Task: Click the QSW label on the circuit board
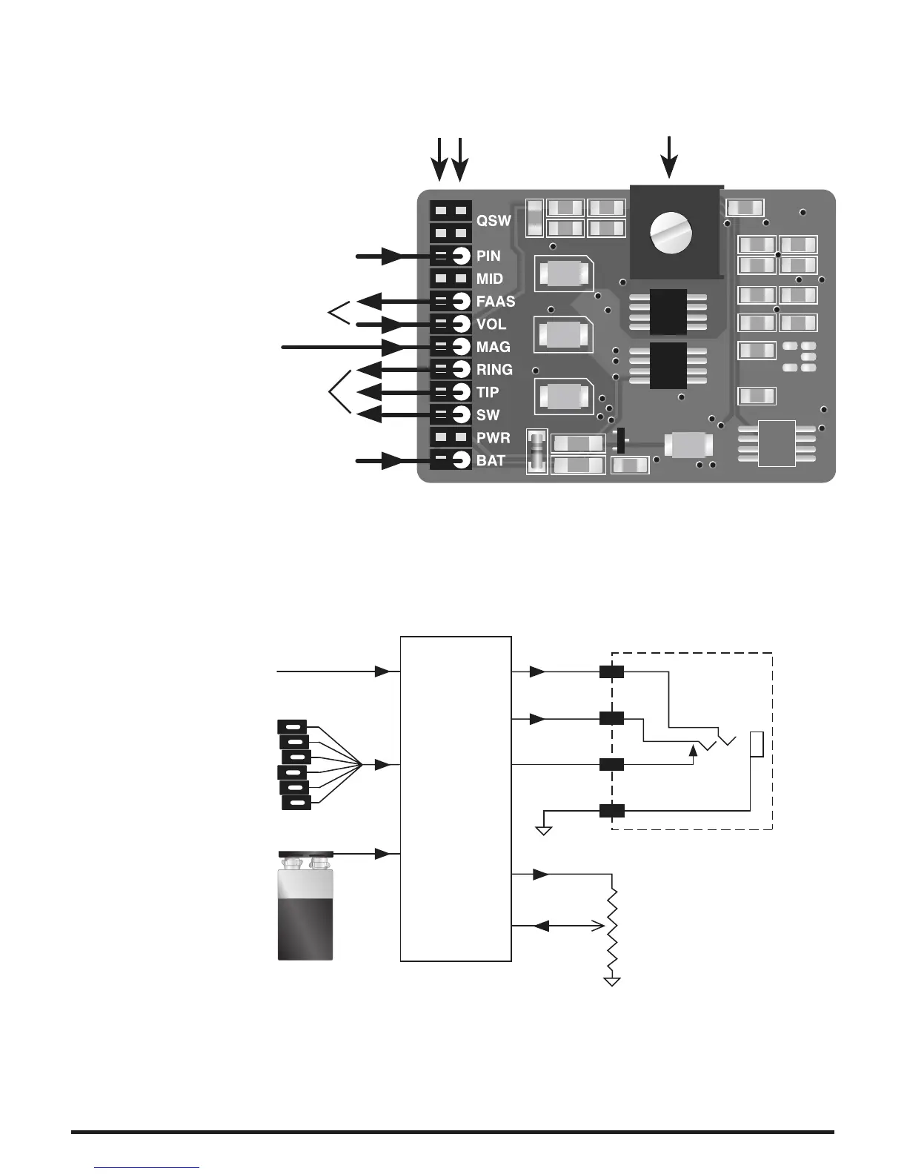494,221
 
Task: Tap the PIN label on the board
488,256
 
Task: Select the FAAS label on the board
495,302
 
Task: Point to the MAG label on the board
493,347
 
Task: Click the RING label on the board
494,370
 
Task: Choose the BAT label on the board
491,461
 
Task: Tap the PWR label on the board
493,438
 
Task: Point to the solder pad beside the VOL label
461,324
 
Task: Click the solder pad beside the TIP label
461,391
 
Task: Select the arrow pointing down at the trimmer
670,157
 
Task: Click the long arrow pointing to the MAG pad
341,347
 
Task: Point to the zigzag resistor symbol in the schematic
613,930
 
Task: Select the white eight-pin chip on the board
777,443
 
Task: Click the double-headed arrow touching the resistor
568,926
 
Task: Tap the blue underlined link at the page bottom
147,1167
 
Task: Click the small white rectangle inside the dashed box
757,744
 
